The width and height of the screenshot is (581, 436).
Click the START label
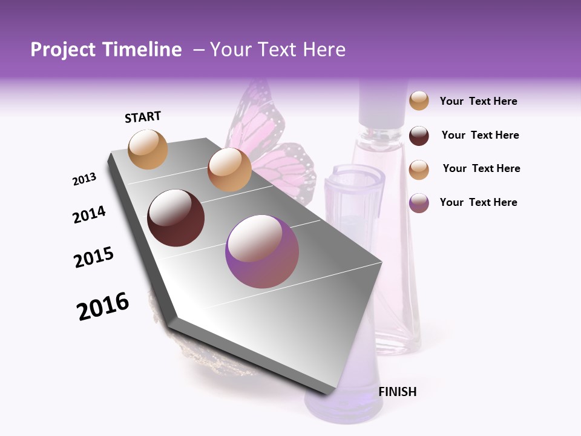[x=143, y=117]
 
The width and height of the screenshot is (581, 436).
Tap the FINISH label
[x=398, y=392]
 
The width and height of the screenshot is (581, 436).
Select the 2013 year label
[x=84, y=179]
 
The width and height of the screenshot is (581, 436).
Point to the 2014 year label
[x=89, y=214]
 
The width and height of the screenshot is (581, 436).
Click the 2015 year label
[x=94, y=257]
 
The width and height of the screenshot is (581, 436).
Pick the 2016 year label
[x=103, y=306]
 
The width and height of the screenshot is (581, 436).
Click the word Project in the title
[x=63, y=50]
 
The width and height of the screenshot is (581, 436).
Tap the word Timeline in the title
[x=141, y=50]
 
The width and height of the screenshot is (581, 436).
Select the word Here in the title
[x=324, y=50]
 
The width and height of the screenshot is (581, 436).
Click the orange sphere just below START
[x=148, y=149]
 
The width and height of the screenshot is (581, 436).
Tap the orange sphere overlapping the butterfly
[x=229, y=170]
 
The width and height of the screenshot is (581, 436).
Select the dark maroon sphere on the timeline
[x=176, y=218]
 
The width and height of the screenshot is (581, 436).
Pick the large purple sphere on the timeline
[x=262, y=251]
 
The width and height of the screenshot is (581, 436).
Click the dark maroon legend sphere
[x=419, y=136]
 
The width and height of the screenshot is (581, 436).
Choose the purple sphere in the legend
[x=419, y=203]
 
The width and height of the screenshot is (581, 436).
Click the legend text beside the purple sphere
[x=478, y=202]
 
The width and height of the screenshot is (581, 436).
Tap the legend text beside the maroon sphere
[x=480, y=135]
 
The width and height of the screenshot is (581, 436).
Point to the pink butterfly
[x=284, y=163]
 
